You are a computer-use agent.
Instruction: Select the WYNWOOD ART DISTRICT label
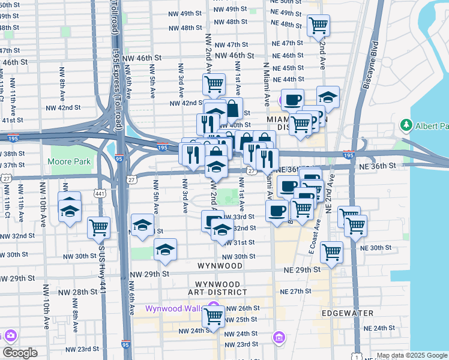[x=218, y=289]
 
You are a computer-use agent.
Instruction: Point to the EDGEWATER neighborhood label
[x=347, y=313]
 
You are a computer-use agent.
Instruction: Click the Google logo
[x=20, y=353]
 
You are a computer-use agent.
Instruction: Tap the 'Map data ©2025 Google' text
[x=412, y=355]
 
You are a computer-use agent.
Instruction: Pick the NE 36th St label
[x=382, y=165]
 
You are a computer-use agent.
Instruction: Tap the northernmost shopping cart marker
[x=318, y=25]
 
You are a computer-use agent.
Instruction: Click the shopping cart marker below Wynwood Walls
[x=213, y=316]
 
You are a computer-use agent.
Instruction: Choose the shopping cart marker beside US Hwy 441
[x=98, y=227]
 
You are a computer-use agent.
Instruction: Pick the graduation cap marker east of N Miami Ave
[x=328, y=97]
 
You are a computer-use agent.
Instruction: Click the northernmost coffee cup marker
[x=292, y=100]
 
